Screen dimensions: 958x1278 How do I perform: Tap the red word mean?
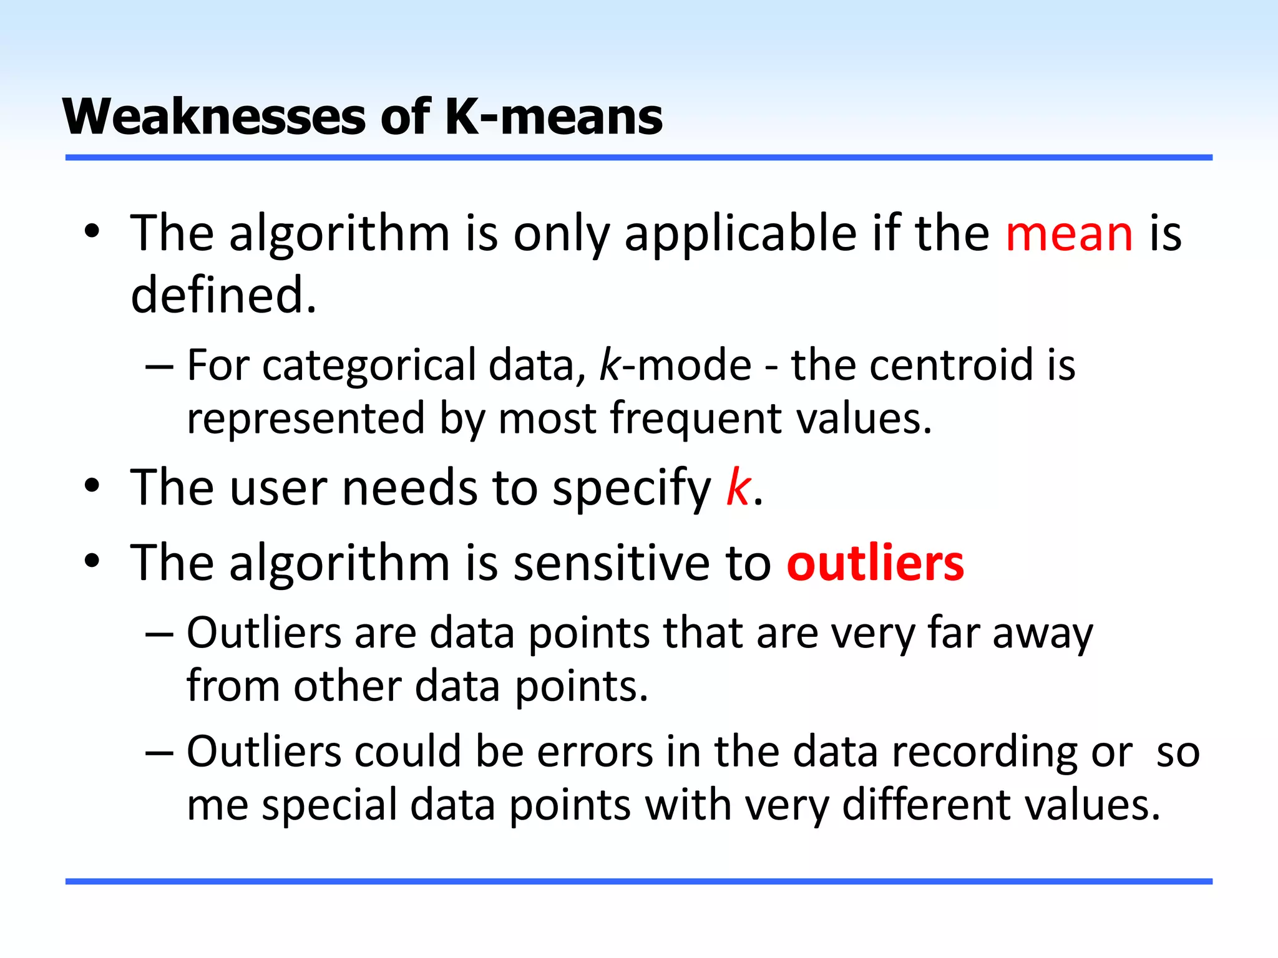click(x=1069, y=233)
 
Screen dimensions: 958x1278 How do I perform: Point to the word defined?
click(x=223, y=294)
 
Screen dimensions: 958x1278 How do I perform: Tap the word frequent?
click(x=695, y=419)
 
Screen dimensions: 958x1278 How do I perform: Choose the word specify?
click(x=632, y=488)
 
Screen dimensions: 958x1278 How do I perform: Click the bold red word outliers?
click(x=875, y=563)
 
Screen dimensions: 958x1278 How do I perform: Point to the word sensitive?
click(x=612, y=563)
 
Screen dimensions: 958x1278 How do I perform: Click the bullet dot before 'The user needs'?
click(x=92, y=486)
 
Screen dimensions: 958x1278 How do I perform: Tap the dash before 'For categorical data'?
click(x=159, y=366)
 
